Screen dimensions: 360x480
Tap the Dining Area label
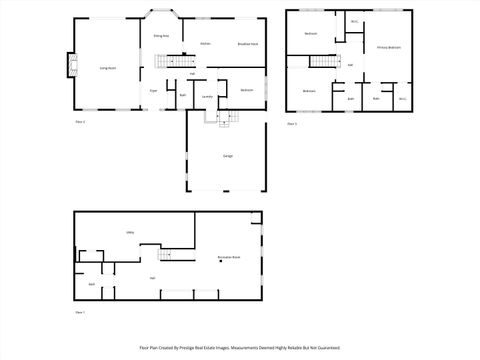pos(160,35)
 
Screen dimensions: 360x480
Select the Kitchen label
pos(205,44)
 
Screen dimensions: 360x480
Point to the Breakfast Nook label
pos(248,44)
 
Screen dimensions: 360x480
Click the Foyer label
pos(154,90)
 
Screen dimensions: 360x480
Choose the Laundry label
pos(207,96)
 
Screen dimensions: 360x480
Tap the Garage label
pos(228,156)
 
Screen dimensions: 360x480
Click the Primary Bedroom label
pos(389,47)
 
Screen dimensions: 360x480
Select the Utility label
pos(130,232)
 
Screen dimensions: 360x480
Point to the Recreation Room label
pos(229,258)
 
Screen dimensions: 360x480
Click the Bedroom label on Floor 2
pos(246,90)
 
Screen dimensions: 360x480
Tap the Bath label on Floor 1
pos(91,285)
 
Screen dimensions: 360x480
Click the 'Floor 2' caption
pos(80,122)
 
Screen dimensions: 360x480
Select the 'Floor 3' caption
pos(292,123)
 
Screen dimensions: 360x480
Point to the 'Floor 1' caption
pos(80,313)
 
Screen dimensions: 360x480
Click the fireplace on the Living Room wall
pos(70,66)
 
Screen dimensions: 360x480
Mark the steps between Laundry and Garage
pos(223,118)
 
